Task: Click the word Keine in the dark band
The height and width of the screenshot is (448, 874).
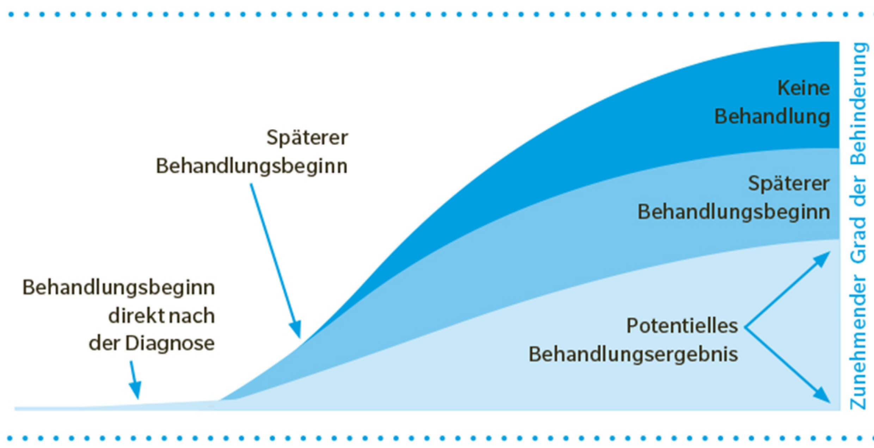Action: pos(804,88)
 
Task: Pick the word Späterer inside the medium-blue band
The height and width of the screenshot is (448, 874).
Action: pos(789,184)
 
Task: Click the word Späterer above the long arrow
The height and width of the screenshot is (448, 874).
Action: pos(307,137)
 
